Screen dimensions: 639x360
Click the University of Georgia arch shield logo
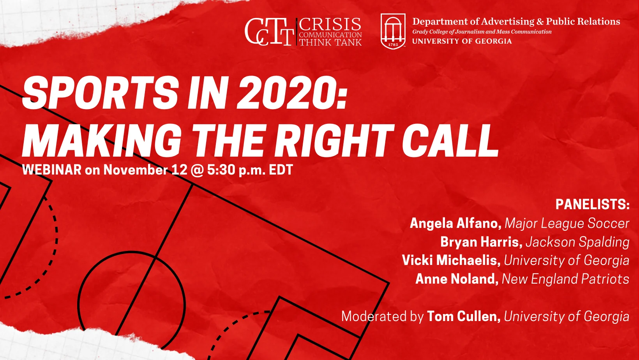[x=393, y=32]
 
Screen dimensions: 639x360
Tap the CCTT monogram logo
[x=269, y=32]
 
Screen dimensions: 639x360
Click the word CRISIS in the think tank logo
[x=330, y=25]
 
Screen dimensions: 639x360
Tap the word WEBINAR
[x=52, y=170]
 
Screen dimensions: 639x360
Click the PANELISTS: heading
[x=593, y=204]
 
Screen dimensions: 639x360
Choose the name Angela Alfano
[x=455, y=223]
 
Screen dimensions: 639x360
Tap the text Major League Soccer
[x=567, y=223]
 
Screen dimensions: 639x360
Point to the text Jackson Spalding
[x=578, y=242]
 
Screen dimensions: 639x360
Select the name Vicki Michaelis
[x=451, y=260]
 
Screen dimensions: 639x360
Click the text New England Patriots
[x=566, y=279]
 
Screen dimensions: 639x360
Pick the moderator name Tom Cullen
[x=464, y=316]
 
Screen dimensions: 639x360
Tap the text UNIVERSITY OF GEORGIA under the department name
[x=462, y=41]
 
